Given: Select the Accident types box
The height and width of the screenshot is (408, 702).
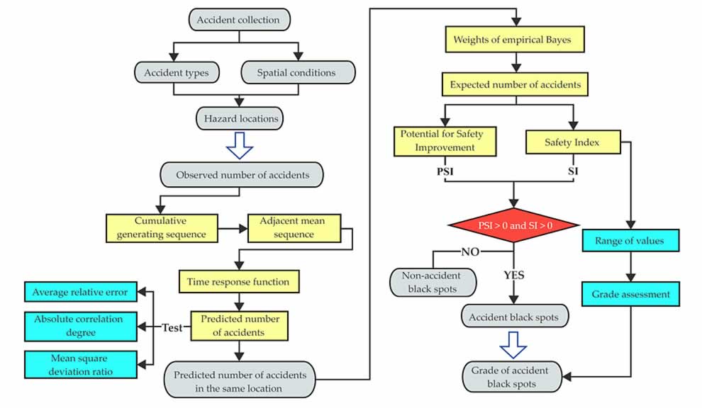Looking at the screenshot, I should click(177, 72).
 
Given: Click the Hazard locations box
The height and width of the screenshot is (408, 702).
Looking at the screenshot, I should click(238, 118).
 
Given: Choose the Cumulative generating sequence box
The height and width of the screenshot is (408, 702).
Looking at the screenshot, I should click(160, 228).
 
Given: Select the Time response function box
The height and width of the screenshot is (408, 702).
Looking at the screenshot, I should click(238, 282).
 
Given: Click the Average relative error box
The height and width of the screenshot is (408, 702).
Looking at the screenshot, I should click(79, 293).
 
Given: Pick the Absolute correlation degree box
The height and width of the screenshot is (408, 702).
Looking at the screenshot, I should click(79, 327).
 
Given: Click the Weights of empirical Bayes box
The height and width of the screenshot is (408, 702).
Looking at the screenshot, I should click(516, 40).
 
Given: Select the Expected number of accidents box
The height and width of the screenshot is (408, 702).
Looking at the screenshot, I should click(516, 85).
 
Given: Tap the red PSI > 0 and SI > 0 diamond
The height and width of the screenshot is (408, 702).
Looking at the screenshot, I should click(515, 225).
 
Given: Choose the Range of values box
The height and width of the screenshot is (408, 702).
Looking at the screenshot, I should click(630, 241).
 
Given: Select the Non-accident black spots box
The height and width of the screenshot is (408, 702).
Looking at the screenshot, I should click(432, 281).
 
